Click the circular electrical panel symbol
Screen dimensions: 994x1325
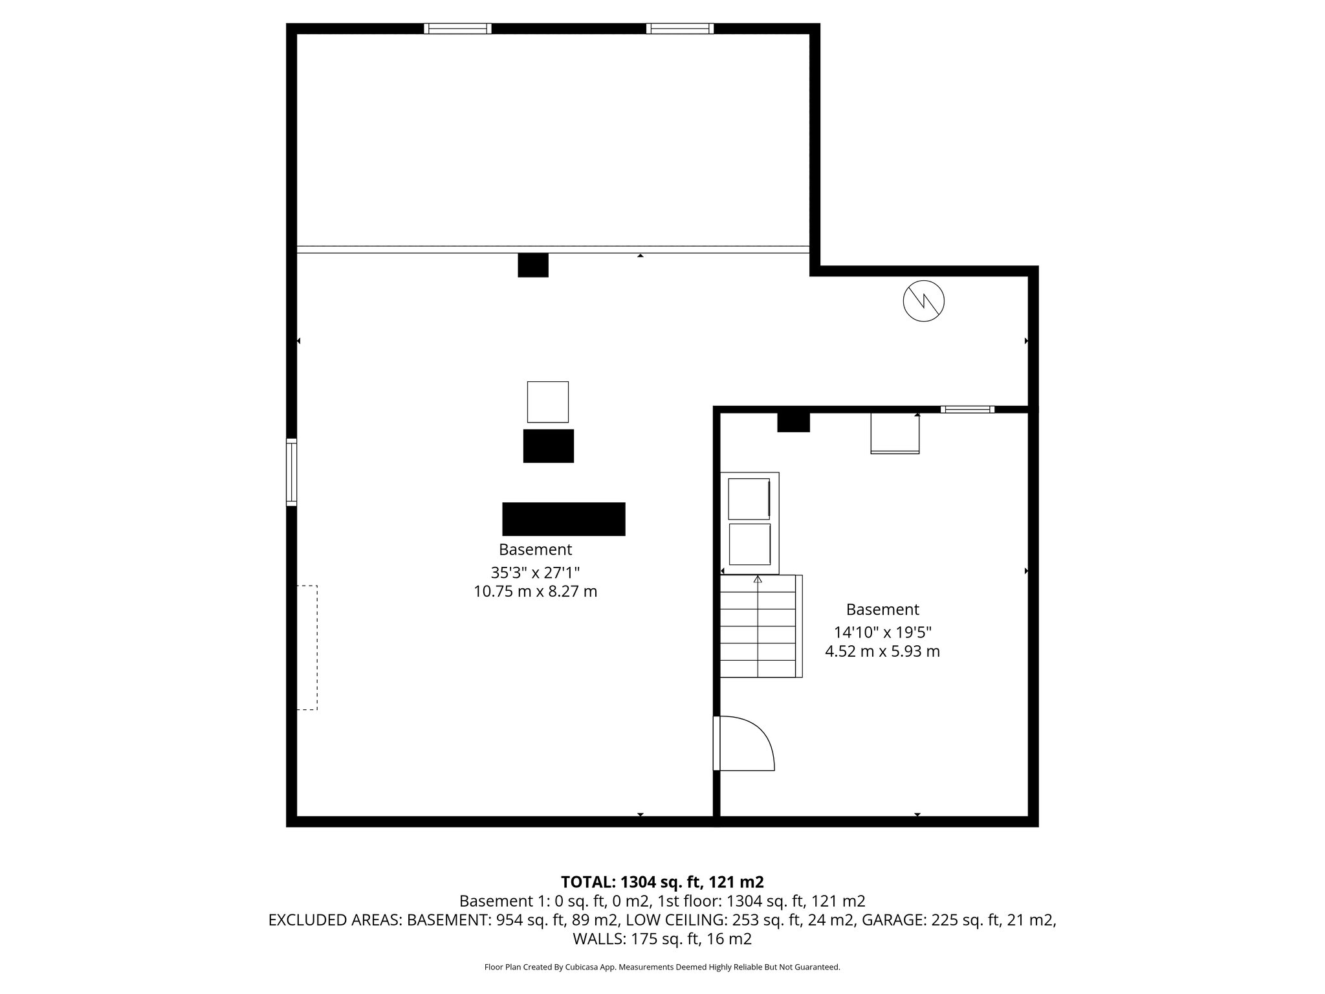coord(923,301)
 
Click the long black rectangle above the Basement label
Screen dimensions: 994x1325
coord(564,519)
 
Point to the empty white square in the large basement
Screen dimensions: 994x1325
coord(547,402)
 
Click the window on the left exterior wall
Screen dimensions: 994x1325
coord(292,472)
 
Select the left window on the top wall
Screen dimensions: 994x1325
coord(457,28)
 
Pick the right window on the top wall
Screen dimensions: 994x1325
coord(679,28)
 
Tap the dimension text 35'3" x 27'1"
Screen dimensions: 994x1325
coord(535,573)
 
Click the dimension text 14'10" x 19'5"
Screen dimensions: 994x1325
coord(882,632)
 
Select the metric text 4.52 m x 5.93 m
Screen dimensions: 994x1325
coord(882,652)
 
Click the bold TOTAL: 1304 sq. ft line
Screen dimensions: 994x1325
coord(662,882)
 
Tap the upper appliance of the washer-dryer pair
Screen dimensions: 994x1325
coord(749,499)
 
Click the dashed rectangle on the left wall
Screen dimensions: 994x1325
coord(307,648)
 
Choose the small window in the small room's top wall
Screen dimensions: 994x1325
coord(967,409)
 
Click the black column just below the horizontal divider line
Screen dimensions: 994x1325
coord(533,265)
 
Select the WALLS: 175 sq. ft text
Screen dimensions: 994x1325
coord(662,939)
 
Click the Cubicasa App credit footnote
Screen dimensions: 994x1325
coord(662,967)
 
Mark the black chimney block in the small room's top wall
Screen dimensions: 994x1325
coord(793,423)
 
